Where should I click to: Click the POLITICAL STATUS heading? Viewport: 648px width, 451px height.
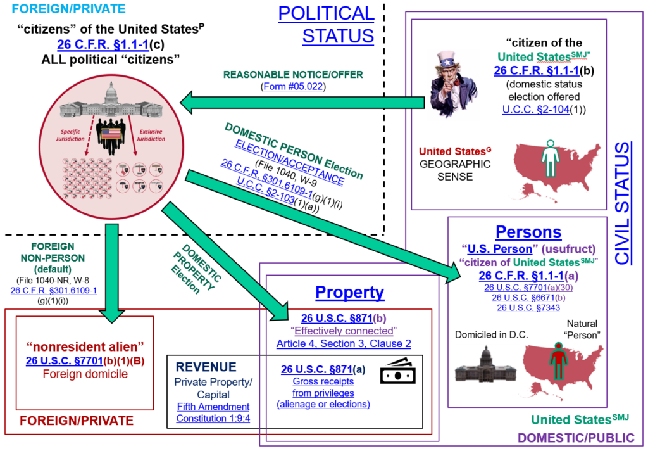click(327, 24)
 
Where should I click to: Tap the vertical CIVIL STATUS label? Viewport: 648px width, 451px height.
click(623, 203)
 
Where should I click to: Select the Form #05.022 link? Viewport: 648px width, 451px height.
click(292, 86)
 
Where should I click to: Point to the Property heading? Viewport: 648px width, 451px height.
click(349, 293)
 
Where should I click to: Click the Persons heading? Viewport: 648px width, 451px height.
click(528, 232)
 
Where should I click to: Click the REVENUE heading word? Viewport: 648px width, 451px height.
click(206, 367)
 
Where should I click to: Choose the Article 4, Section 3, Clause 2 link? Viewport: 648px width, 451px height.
click(344, 344)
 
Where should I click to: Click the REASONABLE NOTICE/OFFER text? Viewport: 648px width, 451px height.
click(293, 74)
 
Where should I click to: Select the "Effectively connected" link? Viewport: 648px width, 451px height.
click(343, 331)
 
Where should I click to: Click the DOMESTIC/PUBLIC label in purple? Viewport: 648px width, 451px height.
click(576, 437)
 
